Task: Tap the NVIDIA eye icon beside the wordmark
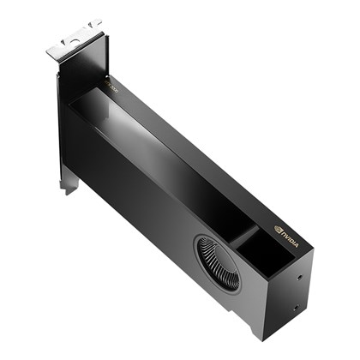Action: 279,229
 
